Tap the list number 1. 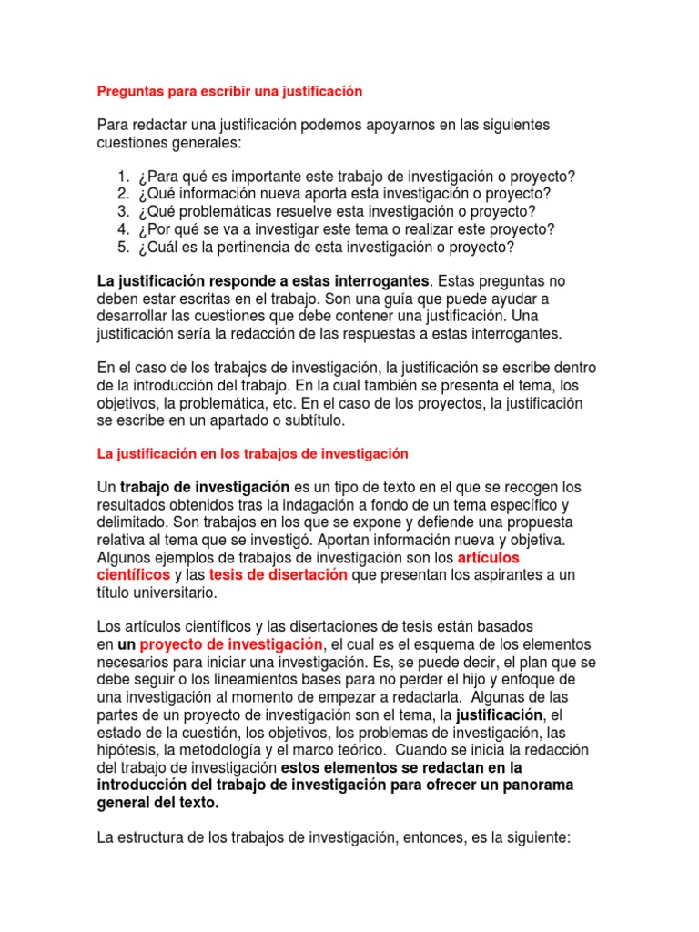tap(123, 177)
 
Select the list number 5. tap(123, 247)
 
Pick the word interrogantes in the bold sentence tap(380, 282)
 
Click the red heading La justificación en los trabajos tap(252, 453)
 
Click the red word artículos tap(492, 557)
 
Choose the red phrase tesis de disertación tap(279, 575)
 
